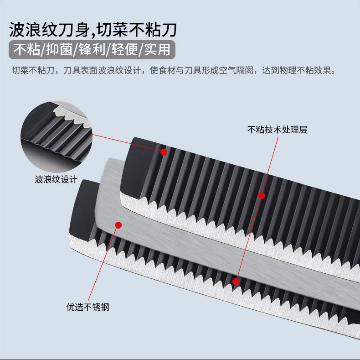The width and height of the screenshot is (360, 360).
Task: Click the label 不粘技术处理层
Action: point(277,130)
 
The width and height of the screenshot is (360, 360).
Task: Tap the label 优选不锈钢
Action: point(88,307)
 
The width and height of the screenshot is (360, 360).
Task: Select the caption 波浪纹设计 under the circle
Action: point(56,179)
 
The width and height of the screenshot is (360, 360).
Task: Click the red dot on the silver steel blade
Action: point(118,225)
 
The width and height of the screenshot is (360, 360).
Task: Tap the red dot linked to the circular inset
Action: point(164,152)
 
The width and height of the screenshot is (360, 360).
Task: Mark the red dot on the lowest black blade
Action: point(236,282)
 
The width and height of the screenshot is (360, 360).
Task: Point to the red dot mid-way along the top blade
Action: point(261,195)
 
